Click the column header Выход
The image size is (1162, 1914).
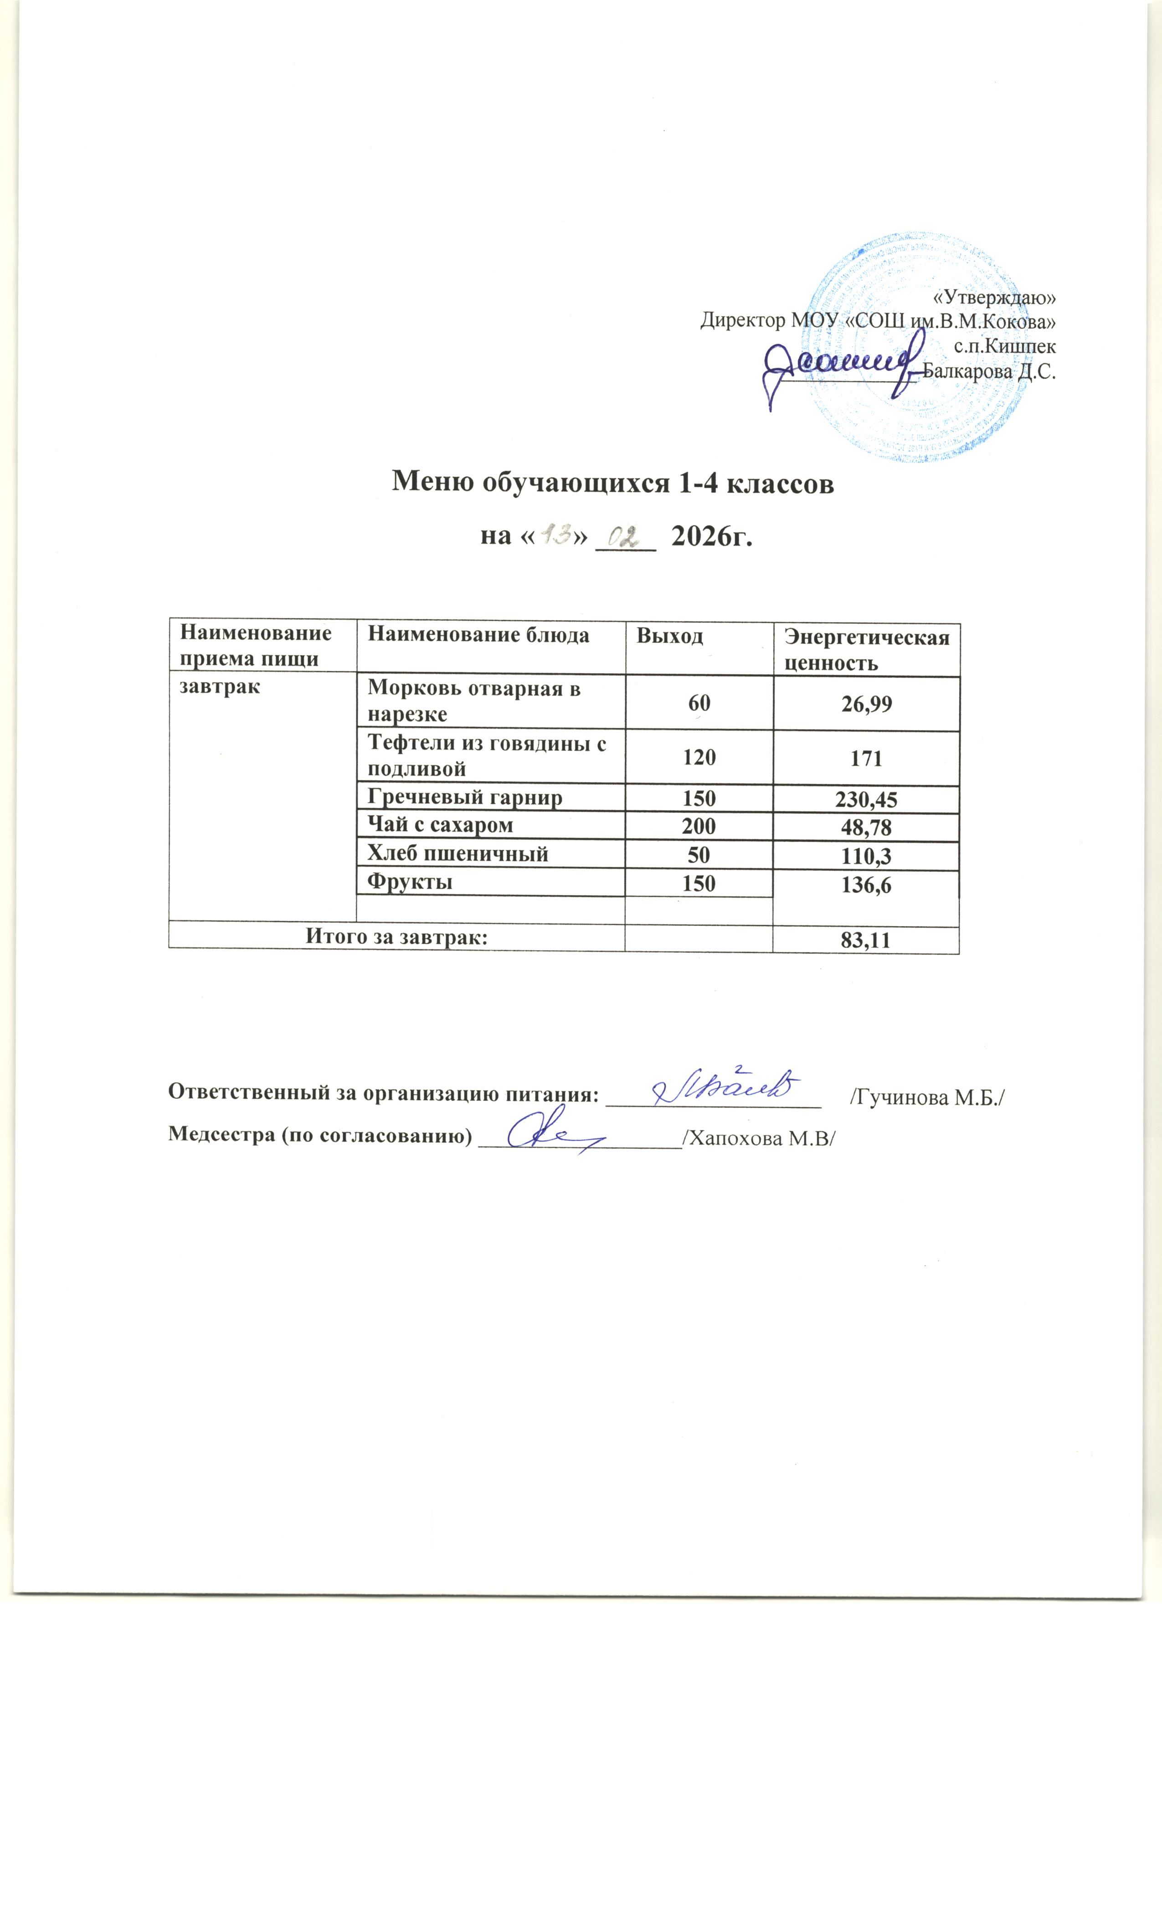pyautogui.click(x=669, y=636)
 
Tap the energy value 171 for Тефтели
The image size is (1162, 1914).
pyautogui.click(x=866, y=757)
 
